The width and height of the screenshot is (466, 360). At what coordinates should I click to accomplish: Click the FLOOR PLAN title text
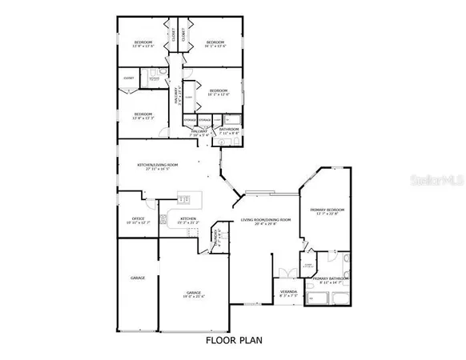click(x=232, y=340)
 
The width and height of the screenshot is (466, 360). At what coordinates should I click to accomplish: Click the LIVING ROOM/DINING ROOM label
click(x=266, y=221)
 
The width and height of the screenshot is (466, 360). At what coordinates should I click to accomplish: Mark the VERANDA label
click(x=288, y=293)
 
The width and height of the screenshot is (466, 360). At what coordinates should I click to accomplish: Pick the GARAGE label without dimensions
click(x=137, y=278)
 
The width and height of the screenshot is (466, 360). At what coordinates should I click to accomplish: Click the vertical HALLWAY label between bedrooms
click(x=177, y=95)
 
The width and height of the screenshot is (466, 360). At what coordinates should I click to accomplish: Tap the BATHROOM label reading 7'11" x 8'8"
click(x=230, y=130)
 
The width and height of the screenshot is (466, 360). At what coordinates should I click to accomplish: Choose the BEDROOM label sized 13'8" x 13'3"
click(x=143, y=115)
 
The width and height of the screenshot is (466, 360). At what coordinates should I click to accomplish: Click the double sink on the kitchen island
click(x=183, y=199)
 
